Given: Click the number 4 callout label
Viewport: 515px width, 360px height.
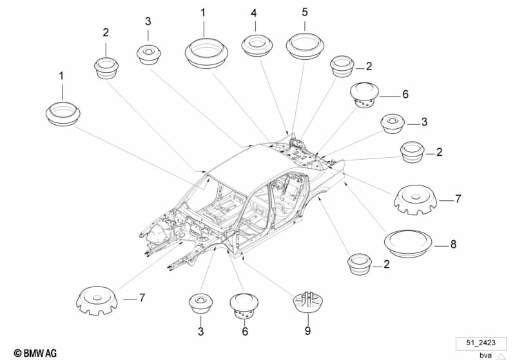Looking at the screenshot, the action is pos(253,14).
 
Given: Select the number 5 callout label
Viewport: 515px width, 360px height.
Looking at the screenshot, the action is pos(305,12).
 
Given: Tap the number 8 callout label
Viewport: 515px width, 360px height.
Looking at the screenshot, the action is pos(453,244).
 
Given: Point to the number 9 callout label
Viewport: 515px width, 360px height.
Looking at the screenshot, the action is pos(307,330).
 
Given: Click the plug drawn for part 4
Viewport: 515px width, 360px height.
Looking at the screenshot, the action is pos(257,45).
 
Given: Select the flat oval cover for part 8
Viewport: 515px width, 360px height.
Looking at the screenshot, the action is pos(407,244).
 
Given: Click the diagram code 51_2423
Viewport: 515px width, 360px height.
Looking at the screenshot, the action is pos(481,343).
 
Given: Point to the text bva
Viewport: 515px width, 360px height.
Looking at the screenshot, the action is pos(485,355).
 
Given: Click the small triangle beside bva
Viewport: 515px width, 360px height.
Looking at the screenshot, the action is pos(501,356).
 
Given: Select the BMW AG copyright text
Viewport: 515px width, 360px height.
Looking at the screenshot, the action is pos(35,353).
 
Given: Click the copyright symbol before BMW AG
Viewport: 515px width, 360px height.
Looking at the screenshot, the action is pos(18,354).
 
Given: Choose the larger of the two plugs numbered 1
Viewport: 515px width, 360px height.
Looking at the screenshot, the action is pos(206,53).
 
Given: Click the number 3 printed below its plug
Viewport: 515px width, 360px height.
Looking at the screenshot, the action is pos(200,332).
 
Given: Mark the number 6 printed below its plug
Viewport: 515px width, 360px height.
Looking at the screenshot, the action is pos(245,332).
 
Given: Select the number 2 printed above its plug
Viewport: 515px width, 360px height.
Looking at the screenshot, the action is pos(106,32).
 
